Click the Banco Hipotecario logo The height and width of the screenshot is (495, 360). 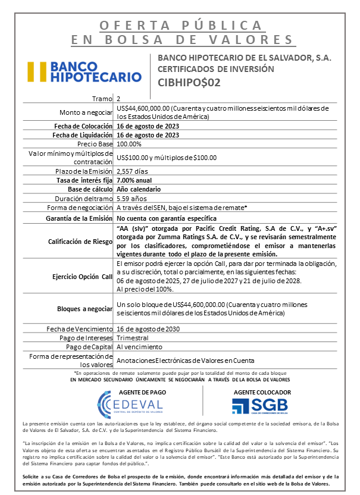click(x=83, y=71)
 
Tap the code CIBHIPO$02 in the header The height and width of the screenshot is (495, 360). click(x=189, y=83)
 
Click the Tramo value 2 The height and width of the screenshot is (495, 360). click(x=119, y=98)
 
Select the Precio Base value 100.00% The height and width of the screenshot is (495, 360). click(x=129, y=144)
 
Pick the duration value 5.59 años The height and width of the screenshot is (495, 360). click(x=133, y=198)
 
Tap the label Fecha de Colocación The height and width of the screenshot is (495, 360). click(x=80, y=126)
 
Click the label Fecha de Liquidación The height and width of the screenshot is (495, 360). click(x=80, y=135)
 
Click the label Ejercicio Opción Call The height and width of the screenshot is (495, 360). click(x=82, y=277)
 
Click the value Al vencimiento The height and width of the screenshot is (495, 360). click(x=139, y=347)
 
